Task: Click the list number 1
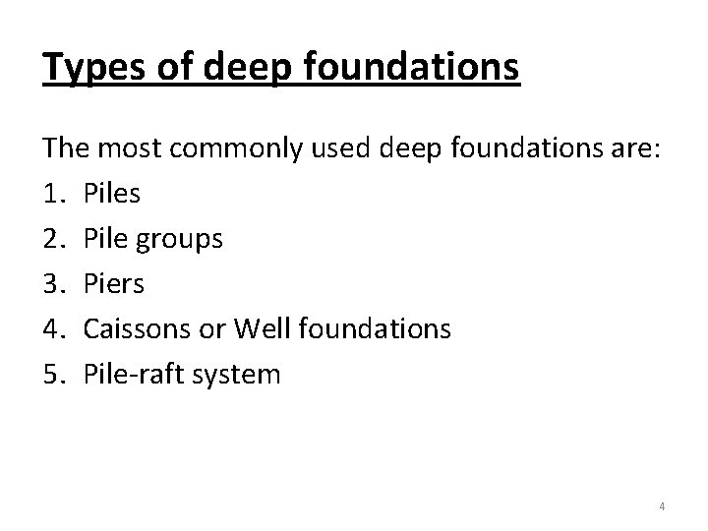click(53, 194)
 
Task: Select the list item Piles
click(112, 194)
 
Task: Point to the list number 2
click(53, 239)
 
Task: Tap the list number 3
click(53, 284)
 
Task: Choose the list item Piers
click(114, 284)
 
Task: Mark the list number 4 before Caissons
click(53, 329)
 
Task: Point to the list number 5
click(53, 375)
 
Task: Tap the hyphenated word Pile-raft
click(134, 375)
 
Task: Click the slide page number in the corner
click(662, 506)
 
